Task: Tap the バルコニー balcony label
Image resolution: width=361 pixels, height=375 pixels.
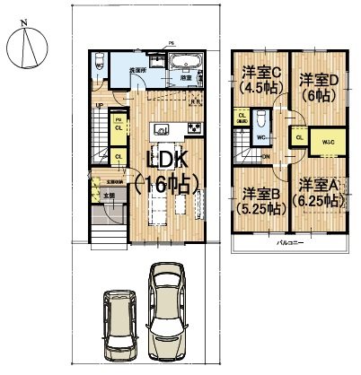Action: (288, 242)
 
